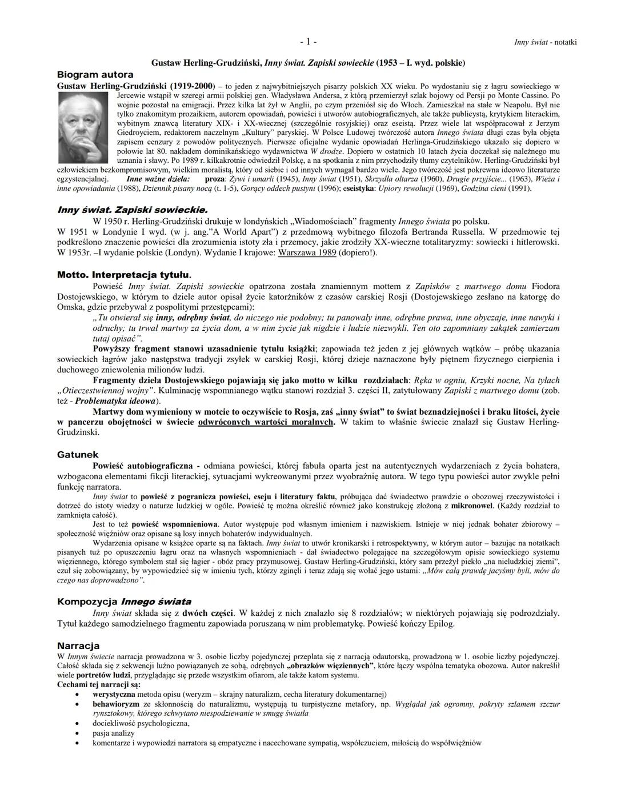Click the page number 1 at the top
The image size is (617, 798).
(308, 42)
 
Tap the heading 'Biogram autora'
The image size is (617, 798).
(95, 75)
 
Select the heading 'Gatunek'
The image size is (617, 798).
(78, 455)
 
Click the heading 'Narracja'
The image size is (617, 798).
(78, 645)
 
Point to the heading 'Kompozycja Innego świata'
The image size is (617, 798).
(124, 602)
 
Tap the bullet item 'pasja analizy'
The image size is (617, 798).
(114, 733)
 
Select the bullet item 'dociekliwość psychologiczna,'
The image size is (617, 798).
(141, 723)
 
